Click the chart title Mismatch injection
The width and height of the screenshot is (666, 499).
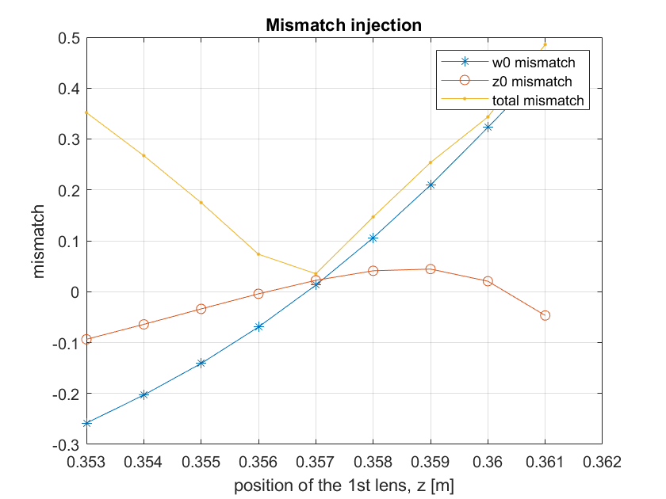click(x=343, y=25)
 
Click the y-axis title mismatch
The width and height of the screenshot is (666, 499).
click(x=38, y=241)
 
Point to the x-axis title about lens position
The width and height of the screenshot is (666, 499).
click(x=344, y=486)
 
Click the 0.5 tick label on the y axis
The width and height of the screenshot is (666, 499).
click(x=69, y=38)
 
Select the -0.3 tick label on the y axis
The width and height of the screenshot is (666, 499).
click(x=67, y=444)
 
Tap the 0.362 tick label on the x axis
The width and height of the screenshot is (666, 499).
click(x=602, y=462)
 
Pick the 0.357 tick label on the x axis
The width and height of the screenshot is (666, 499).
click(x=316, y=462)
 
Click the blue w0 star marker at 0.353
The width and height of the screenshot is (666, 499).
click(x=87, y=423)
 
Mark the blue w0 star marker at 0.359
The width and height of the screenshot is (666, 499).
click(x=431, y=185)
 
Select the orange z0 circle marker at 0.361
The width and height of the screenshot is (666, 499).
click(x=545, y=315)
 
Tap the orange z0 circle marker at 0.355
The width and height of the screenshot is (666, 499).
click(x=201, y=309)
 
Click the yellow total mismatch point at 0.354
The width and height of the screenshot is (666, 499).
click(x=144, y=156)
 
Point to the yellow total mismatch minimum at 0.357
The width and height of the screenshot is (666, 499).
click(x=316, y=274)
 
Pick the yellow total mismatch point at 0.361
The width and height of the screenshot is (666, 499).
click(x=545, y=44)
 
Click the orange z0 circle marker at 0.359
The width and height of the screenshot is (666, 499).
click(x=431, y=269)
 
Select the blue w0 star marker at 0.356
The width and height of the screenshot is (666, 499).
click(x=258, y=326)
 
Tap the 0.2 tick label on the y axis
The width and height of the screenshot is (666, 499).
click(x=69, y=191)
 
